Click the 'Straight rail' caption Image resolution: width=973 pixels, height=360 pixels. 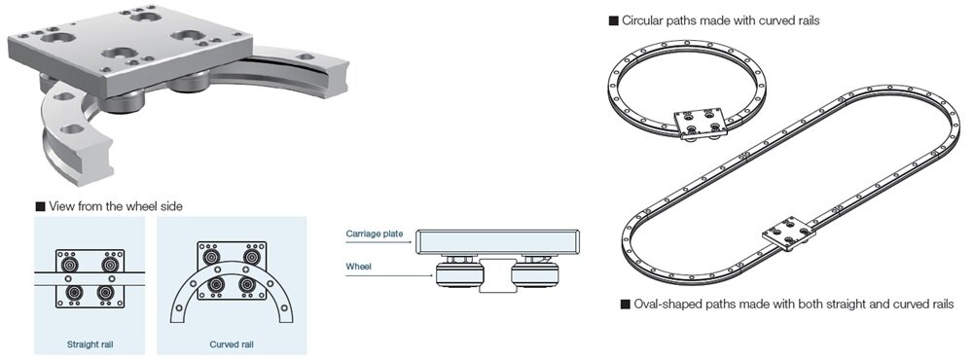90,343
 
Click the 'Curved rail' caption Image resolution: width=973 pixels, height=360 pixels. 232,343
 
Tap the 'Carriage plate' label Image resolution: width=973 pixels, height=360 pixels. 375,234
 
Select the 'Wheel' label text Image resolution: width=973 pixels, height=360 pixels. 358,267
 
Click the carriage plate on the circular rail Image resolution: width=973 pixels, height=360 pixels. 701,123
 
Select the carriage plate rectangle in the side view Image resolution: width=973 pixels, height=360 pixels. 498,242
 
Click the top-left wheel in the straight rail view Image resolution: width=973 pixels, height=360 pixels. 71,264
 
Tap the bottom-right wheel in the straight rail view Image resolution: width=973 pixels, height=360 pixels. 109,292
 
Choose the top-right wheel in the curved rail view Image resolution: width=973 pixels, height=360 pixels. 251,256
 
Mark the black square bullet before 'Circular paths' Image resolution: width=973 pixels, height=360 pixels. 614,21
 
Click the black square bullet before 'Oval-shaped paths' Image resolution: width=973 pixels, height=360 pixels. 626,305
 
